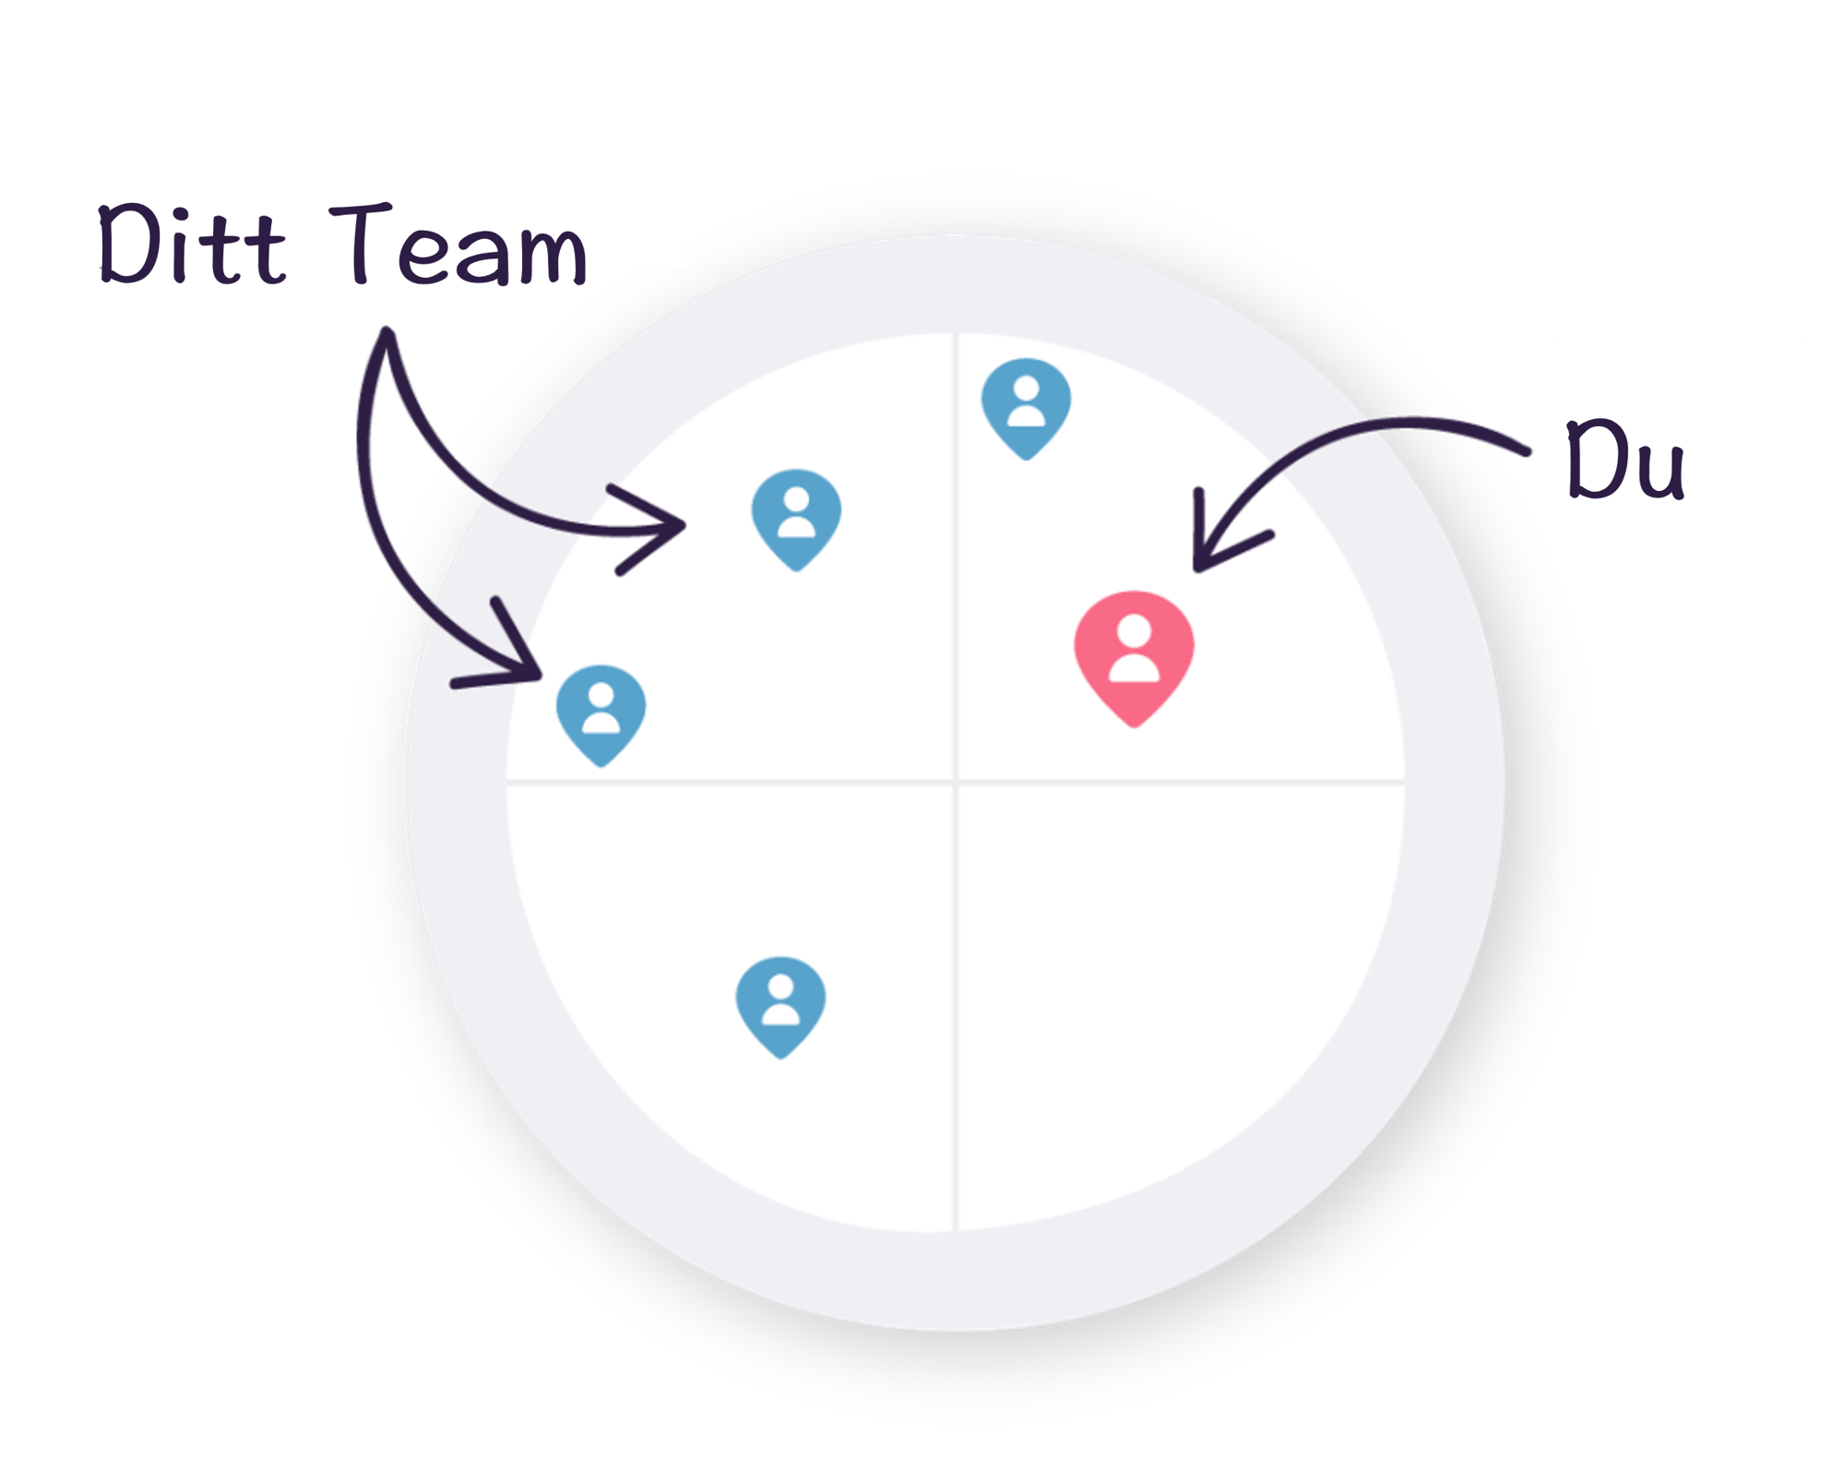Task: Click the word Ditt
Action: click(192, 244)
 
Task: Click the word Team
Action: click(458, 244)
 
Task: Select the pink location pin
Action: click(1134, 658)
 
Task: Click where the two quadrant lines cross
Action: click(956, 783)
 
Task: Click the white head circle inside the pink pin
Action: click(1134, 632)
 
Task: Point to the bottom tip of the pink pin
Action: click(1134, 726)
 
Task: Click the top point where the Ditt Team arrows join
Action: click(387, 332)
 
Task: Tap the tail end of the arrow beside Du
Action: click(1527, 451)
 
